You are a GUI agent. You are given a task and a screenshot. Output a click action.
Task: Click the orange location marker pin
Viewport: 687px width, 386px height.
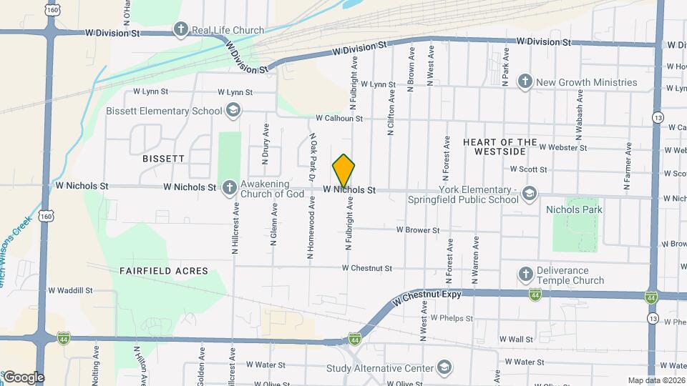[x=343, y=171]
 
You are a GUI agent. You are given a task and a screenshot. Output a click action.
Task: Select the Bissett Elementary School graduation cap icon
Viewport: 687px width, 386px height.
[x=232, y=111]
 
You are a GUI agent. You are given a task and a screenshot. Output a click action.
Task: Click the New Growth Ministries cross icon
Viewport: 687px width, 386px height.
[x=525, y=81]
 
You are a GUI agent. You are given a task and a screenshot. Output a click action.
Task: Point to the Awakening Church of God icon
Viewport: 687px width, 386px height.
[x=229, y=187]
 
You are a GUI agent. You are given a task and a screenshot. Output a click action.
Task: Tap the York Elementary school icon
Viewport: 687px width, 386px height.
[x=529, y=193]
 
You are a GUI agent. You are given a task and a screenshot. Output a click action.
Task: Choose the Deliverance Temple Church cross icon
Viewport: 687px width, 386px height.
[x=525, y=274]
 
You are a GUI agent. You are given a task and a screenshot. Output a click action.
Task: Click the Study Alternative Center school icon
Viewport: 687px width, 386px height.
[x=444, y=368]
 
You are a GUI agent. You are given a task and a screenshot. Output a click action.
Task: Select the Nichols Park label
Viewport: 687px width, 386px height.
[x=574, y=209]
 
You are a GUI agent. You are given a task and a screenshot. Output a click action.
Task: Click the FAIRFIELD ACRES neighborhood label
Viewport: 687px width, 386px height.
[x=164, y=271]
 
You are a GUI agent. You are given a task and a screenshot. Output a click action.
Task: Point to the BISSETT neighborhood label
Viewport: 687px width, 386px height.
[x=163, y=158]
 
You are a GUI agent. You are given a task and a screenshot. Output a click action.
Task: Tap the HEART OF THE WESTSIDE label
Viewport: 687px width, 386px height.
[x=500, y=147]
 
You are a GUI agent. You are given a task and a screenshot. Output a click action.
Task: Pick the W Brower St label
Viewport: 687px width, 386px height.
[x=418, y=230]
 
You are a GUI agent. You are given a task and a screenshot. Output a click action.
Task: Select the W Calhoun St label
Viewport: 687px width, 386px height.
[x=339, y=118]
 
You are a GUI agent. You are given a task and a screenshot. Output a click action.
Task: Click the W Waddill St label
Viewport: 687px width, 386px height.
[x=70, y=290]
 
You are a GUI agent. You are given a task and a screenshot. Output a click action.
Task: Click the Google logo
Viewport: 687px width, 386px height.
[x=23, y=377]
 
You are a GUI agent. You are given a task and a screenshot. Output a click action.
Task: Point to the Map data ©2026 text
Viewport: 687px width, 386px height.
[x=656, y=380]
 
